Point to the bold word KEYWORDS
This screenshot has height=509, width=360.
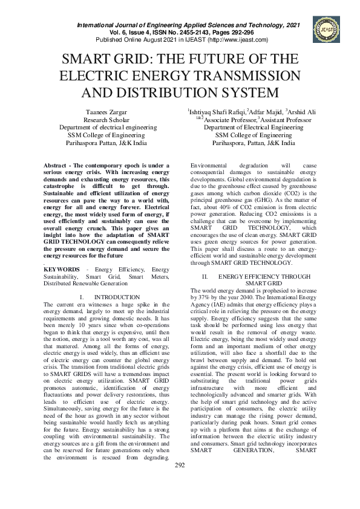pos(62,268)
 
